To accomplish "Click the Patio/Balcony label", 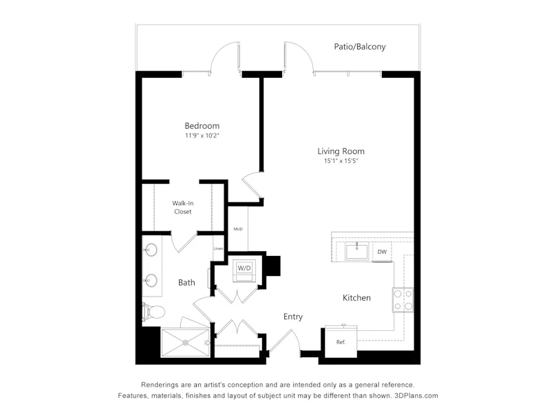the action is [x=360, y=47].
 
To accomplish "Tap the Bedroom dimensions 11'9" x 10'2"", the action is [x=202, y=136].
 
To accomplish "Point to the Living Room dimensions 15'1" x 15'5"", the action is [x=341, y=161].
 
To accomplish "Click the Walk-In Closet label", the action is [x=182, y=207].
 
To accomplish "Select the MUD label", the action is [x=238, y=229].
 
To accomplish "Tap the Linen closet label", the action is [x=218, y=248].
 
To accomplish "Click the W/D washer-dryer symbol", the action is [x=244, y=270].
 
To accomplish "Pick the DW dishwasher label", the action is [x=382, y=252].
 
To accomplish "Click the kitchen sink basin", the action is [x=356, y=251].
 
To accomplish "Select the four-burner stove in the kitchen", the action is [x=403, y=300].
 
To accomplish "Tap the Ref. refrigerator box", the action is [x=341, y=341].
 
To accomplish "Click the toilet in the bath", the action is [x=153, y=312].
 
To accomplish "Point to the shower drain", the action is [x=186, y=343].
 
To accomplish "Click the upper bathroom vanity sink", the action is [x=151, y=250].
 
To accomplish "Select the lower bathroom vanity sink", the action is [x=151, y=281].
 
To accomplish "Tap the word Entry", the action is [x=293, y=317].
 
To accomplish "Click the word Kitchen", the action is [x=356, y=298].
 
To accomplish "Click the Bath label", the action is [x=186, y=283].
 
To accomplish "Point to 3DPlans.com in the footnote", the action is [x=416, y=396].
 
